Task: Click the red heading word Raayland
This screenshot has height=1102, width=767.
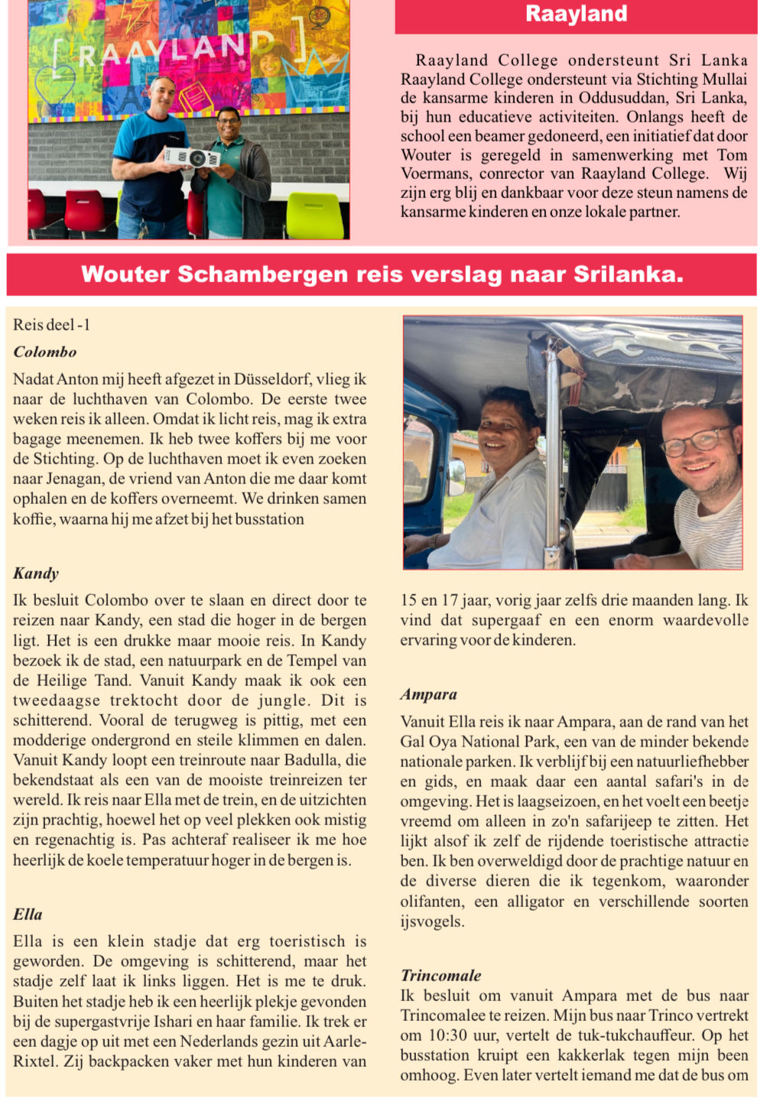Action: pyautogui.click(x=576, y=14)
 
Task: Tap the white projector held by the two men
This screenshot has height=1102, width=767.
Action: pyautogui.click(x=192, y=158)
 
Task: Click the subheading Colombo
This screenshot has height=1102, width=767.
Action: pyautogui.click(x=45, y=352)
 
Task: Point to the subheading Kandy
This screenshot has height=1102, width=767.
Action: pyautogui.click(x=36, y=574)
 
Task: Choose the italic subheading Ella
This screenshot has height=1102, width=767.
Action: pyautogui.click(x=28, y=915)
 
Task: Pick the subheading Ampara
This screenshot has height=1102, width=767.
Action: pyautogui.click(x=428, y=694)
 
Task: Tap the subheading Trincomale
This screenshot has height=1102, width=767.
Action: pyautogui.click(x=441, y=976)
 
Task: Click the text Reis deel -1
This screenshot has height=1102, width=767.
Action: pyautogui.click(x=51, y=325)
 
